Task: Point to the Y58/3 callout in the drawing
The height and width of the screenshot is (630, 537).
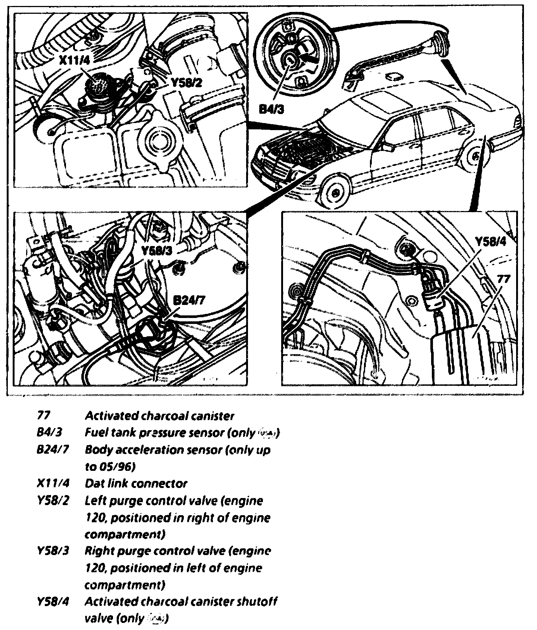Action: (x=157, y=250)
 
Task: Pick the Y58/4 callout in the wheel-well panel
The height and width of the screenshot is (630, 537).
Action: (x=490, y=242)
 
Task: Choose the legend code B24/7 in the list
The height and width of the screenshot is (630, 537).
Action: (x=53, y=450)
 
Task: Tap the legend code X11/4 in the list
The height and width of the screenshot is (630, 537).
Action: (x=53, y=483)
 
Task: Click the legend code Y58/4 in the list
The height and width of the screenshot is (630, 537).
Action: (x=53, y=602)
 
